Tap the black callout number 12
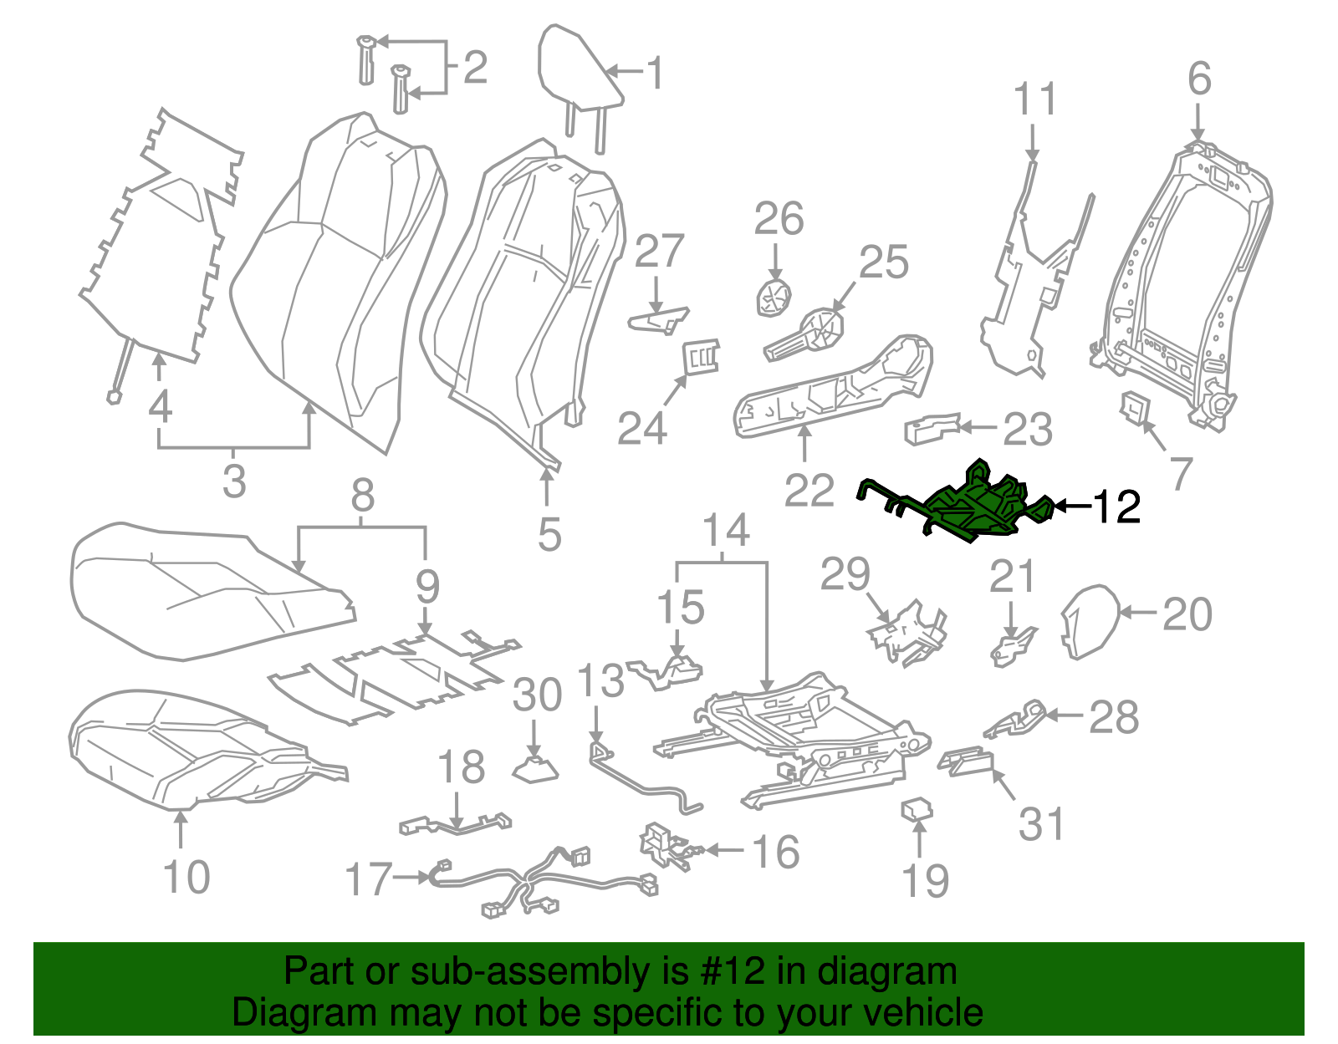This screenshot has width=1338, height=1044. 1116,507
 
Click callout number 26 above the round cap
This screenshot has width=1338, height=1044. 779,219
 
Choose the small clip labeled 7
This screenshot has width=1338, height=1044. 1135,409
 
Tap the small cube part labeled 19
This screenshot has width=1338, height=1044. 917,809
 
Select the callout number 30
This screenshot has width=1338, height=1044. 536,695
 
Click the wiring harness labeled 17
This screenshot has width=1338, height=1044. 535,882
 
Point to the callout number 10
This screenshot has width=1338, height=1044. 186,877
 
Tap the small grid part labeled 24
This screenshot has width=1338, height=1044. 702,357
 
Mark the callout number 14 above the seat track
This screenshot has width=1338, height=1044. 726,530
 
